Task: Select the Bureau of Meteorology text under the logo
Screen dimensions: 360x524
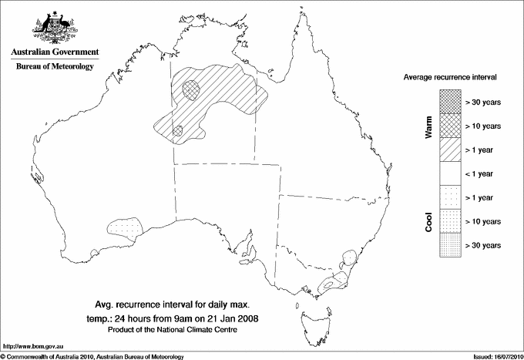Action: point(54,67)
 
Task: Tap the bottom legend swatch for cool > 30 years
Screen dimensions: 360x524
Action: point(451,244)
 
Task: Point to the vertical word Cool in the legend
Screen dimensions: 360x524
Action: point(428,221)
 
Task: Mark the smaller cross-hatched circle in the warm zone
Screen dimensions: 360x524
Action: point(179,131)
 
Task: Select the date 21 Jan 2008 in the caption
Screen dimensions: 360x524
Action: point(235,317)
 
